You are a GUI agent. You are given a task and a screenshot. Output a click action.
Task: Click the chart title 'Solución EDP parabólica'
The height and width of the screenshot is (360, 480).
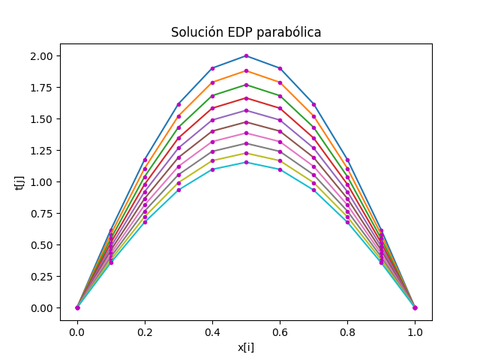246,32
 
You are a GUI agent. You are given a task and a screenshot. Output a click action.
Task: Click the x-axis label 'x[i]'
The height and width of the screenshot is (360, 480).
246,347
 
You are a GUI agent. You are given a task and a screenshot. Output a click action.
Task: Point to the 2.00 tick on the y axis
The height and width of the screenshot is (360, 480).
41,56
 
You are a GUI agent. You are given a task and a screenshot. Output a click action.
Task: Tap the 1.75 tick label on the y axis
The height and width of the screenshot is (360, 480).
41,88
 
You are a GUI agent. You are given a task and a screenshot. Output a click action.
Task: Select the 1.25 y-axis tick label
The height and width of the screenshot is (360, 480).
41,150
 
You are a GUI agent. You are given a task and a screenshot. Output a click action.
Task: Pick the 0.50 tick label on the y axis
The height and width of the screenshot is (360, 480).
41,245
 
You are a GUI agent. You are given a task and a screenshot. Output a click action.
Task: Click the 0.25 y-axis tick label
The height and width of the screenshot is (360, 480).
41,277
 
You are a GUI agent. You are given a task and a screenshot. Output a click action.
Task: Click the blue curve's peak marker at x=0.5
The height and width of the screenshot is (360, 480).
246,56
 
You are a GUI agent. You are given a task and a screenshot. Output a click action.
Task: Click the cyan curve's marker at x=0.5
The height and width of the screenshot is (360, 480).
246,163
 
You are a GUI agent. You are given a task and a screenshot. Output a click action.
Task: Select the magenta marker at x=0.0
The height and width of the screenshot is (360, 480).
77,307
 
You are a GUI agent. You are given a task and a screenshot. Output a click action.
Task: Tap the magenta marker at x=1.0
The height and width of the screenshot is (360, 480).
415,307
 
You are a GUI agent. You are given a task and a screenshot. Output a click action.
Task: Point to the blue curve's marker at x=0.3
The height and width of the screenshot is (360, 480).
178,104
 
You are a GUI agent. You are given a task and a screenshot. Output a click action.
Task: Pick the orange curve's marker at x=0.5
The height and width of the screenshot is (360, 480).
246,71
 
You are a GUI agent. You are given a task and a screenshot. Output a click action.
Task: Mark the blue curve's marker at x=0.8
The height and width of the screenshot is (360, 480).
347,160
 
